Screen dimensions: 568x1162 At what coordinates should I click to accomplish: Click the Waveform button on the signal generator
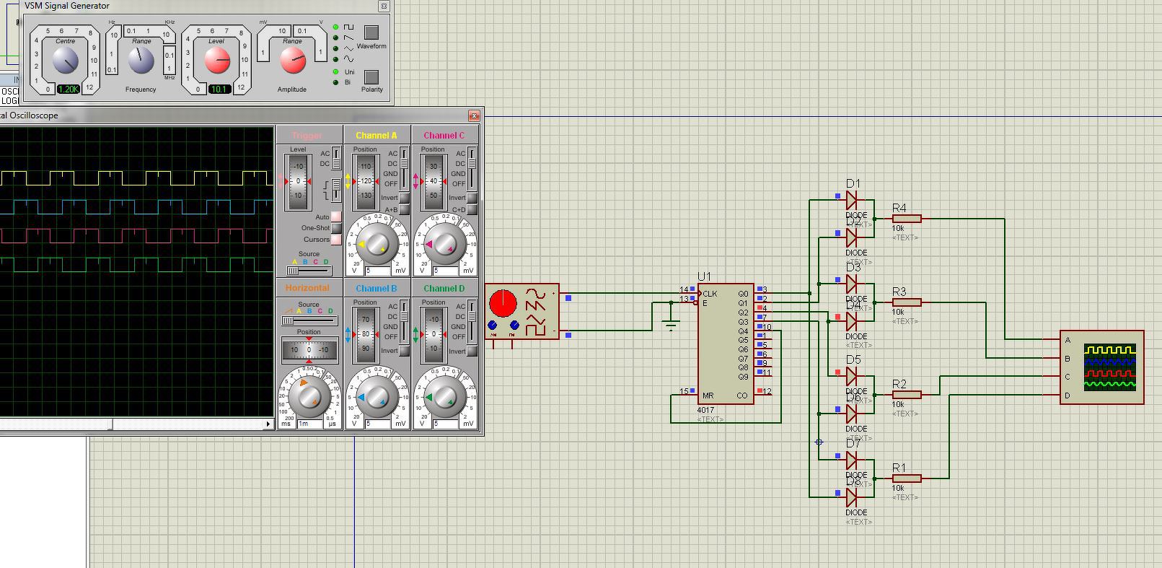[x=371, y=32]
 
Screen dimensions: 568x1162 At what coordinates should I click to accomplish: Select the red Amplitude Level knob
[x=216, y=62]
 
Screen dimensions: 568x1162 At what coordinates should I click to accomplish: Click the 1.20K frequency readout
[x=69, y=89]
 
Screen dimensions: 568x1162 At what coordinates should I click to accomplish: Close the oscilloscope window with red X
[x=474, y=115]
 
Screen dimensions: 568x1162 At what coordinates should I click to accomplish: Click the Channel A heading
[x=377, y=135]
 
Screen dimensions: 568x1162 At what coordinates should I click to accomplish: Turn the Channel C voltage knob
[x=444, y=245]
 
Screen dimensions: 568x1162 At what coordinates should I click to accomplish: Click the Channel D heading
[x=444, y=288]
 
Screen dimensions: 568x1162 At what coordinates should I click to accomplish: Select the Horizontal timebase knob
[x=309, y=398]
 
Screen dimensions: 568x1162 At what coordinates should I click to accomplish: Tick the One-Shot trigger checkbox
[x=336, y=228]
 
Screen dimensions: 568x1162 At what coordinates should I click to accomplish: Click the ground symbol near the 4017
[x=671, y=325]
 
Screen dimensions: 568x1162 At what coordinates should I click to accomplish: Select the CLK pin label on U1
[x=710, y=294]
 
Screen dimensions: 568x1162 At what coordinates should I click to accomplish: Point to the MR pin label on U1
[x=708, y=396]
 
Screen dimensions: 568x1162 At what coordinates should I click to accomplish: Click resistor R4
[x=906, y=219]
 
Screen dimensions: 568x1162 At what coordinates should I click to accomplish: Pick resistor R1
[x=906, y=479]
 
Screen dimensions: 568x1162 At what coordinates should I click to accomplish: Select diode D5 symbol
[x=852, y=376]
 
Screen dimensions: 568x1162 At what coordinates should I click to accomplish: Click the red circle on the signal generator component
[x=503, y=302]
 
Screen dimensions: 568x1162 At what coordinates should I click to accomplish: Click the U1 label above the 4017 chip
[x=704, y=276]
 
